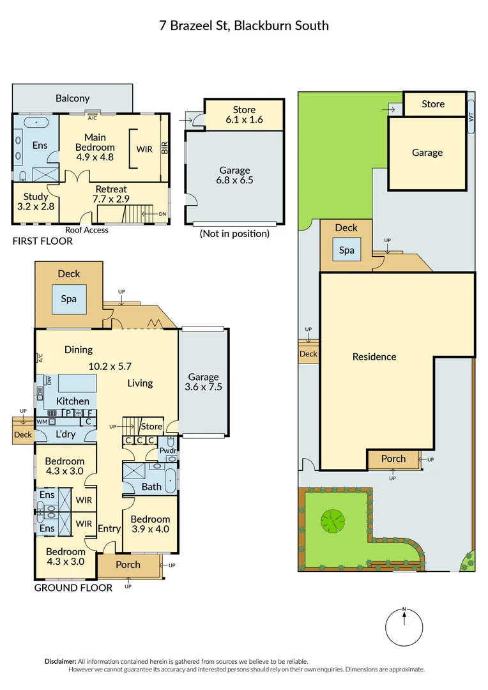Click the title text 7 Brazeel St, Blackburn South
(x=244, y=26)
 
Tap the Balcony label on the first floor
(x=72, y=98)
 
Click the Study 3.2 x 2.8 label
(x=36, y=202)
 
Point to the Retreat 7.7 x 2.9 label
(x=111, y=194)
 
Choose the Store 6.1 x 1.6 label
(x=244, y=114)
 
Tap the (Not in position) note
(x=234, y=234)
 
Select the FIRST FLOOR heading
(x=43, y=241)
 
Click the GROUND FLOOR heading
(x=73, y=588)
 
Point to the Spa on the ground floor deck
(x=68, y=299)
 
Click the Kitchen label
(x=73, y=401)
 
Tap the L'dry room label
(x=66, y=434)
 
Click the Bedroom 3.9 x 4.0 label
(x=151, y=525)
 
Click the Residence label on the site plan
(x=374, y=357)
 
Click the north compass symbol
(x=404, y=625)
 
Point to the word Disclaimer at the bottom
(x=60, y=661)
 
